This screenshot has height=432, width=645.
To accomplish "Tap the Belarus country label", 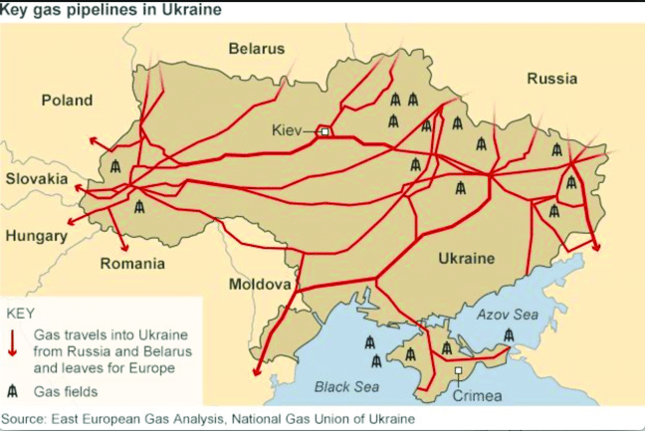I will (256, 48).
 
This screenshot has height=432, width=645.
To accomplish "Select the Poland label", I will (67, 100).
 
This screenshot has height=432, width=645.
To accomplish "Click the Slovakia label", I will (38, 179).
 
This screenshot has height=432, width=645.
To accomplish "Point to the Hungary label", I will (36, 236).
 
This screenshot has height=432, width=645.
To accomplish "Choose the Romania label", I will (132, 264).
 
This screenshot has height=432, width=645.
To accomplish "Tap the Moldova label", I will (260, 285).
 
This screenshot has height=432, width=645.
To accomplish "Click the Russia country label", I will (553, 79).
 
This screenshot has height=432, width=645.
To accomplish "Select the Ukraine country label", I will (466, 259).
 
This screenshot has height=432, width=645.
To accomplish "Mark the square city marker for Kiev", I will (324, 130).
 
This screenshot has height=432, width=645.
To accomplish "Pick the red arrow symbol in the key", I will (14, 340).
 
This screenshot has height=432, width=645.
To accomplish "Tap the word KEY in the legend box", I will (21, 313).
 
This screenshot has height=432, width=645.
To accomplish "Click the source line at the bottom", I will (208, 419).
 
